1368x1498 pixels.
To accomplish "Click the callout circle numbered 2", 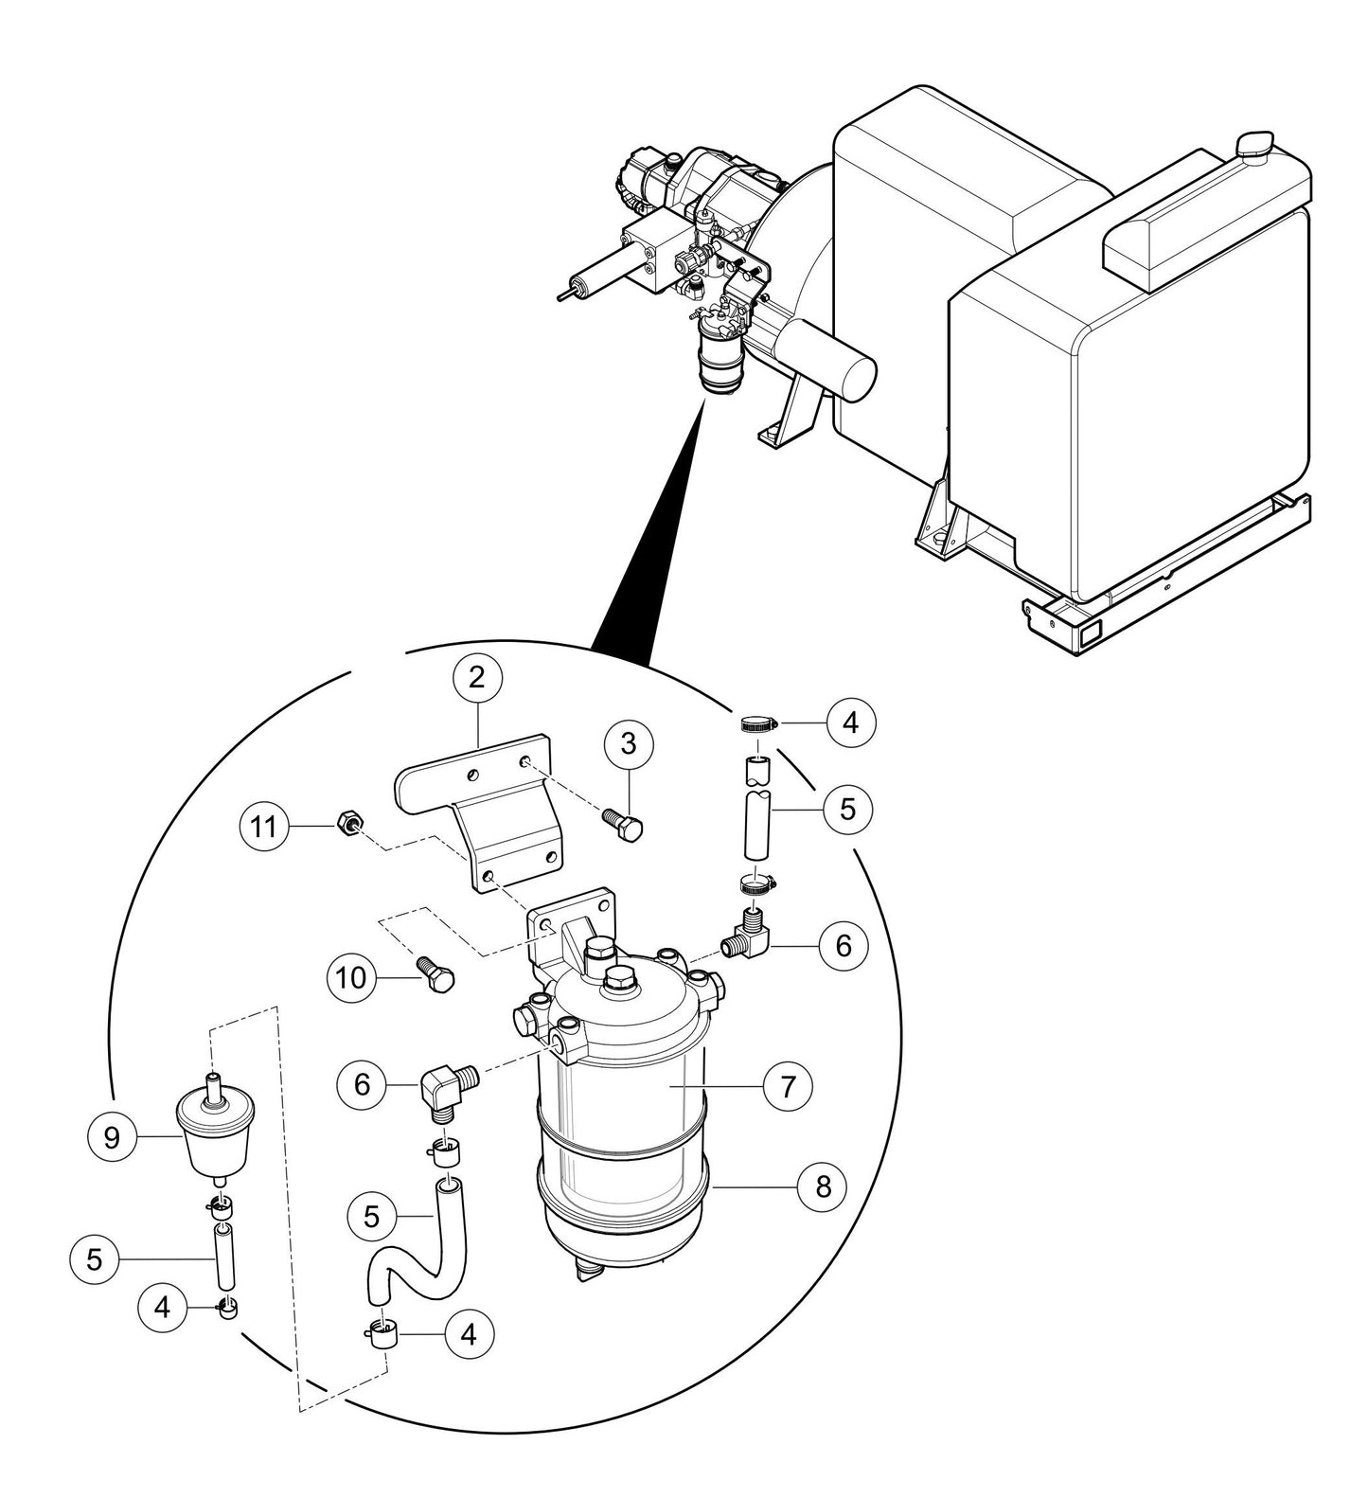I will coord(477,677).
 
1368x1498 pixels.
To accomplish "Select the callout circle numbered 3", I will coord(630,745).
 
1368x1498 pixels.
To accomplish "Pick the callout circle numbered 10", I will coord(351,976).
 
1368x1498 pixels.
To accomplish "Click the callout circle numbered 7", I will coord(788,1087).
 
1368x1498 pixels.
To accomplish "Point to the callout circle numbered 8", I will coord(823,1186).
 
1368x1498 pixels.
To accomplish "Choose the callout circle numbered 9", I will coord(112,1136).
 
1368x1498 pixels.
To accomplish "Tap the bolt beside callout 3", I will coord(625,822).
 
